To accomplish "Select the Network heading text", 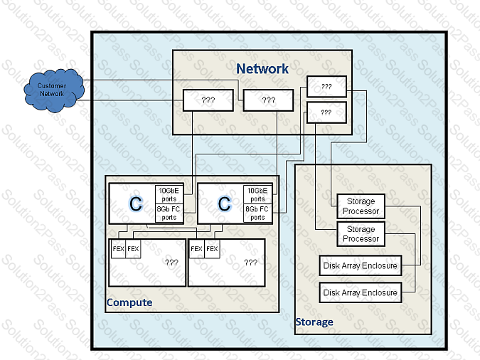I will (x=262, y=69).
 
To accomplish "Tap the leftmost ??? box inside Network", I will (x=208, y=100).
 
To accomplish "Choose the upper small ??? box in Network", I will (x=326, y=86).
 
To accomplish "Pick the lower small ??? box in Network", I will (x=326, y=112).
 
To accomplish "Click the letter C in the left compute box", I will (x=135, y=204).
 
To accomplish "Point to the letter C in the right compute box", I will (x=224, y=204).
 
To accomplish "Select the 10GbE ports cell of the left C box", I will (x=169, y=194).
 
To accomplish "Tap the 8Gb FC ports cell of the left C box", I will (x=169, y=213).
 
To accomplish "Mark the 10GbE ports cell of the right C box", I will (x=257, y=194).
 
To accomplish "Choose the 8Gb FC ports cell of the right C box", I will (x=257, y=213).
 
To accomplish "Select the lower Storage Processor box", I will (x=361, y=234).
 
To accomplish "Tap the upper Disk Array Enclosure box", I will (x=360, y=266).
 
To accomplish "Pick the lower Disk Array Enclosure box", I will (x=360, y=292).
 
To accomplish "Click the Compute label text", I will (x=129, y=302).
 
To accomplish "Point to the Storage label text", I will (x=314, y=322).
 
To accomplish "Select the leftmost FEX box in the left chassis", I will (x=118, y=249).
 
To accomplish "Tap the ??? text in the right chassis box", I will (x=250, y=263).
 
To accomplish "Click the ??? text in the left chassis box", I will (x=171, y=263).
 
